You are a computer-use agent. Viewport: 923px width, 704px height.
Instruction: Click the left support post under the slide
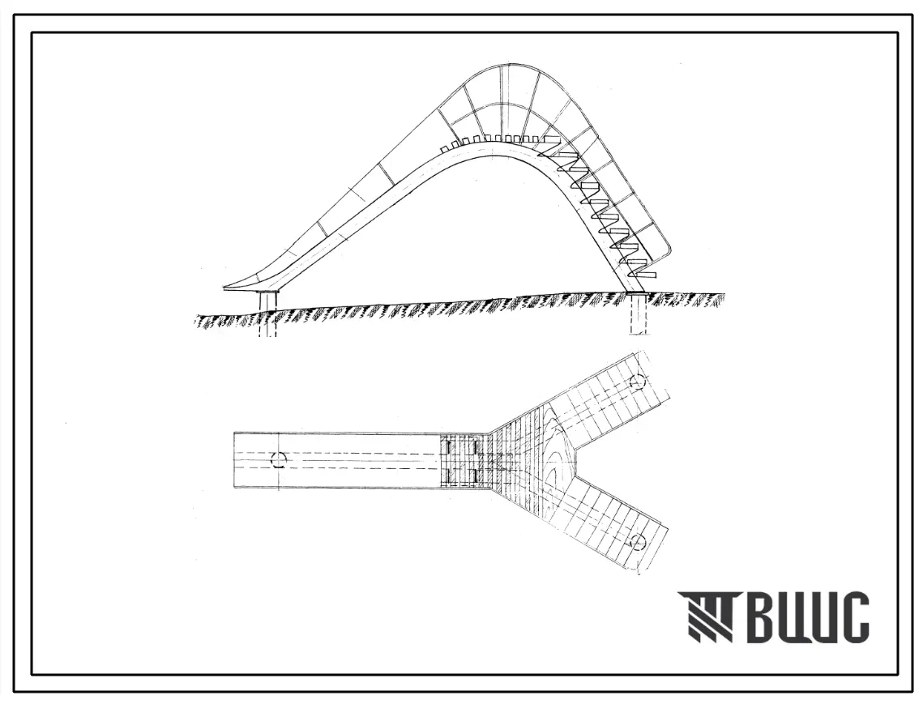point(267,311)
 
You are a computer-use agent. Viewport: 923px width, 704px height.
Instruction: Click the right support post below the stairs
point(638,313)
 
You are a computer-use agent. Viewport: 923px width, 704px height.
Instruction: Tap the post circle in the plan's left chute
point(278,460)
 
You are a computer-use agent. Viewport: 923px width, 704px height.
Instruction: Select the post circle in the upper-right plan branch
point(637,380)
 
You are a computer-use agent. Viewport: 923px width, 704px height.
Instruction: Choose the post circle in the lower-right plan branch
point(639,541)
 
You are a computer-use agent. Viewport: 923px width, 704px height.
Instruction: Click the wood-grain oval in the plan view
point(555,454)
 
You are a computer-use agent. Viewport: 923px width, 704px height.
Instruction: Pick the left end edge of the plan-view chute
point(235,460)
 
